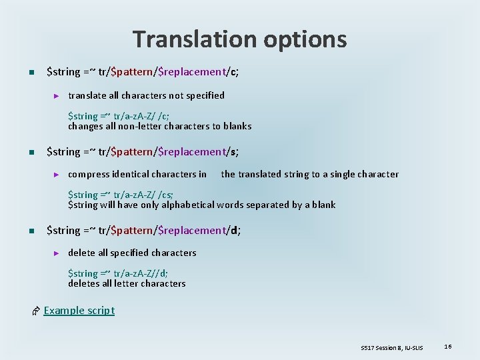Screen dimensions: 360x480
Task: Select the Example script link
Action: click(79, 310)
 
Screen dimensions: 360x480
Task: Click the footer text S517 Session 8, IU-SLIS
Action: click(391, 347)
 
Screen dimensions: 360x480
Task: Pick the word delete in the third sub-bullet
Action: click(81, 253)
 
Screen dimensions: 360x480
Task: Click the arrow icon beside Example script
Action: click(36, 311)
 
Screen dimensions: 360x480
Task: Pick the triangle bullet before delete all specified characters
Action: click(57, 253)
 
